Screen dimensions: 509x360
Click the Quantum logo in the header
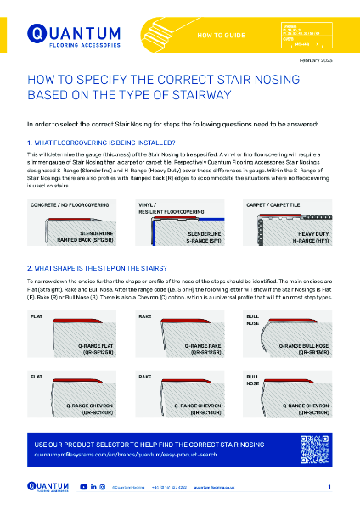tap(63, 35)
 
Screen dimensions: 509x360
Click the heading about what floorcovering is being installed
tap(102, 143)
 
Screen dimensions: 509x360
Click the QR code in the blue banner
tap(313, 446)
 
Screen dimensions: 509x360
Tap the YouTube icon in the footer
tap(82, 488)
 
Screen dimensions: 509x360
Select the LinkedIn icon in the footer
tap(93, 488)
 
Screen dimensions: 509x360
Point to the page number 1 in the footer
tap(329, 488)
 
